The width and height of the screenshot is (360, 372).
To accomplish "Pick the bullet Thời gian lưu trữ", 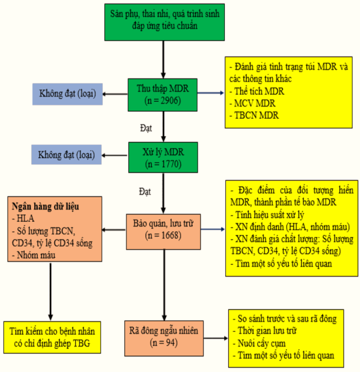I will [x=269, y=331].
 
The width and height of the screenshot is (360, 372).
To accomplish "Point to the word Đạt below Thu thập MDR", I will [x=146, y=126].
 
